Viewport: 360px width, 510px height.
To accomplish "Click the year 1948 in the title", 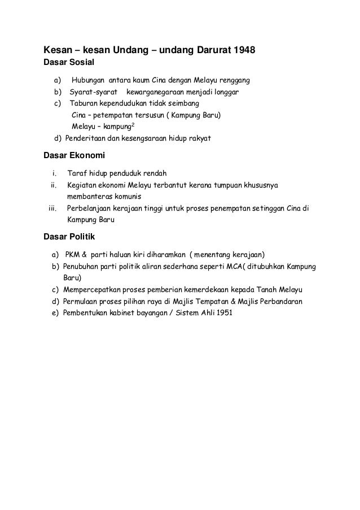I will [244, 50].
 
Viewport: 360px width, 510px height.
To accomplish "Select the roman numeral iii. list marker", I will [53, 208].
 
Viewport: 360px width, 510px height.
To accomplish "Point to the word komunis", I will [126, 196].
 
